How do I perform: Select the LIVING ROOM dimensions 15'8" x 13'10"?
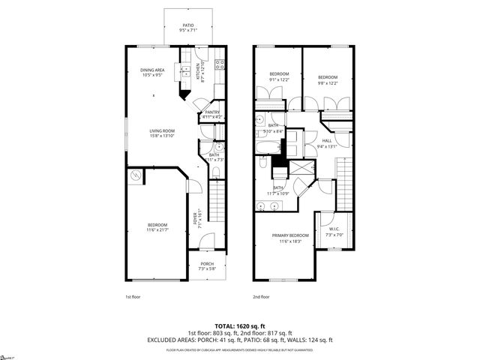pos(151,135)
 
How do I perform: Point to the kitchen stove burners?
pos(218,65)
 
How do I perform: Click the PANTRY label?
pos(212,112)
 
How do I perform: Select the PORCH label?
pos(206,264)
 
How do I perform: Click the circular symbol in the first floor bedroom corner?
pos(136,175)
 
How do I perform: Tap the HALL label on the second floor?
pos(327,140)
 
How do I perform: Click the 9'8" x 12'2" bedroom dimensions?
pos(328,83)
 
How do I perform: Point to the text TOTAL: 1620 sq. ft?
pos(239,326)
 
